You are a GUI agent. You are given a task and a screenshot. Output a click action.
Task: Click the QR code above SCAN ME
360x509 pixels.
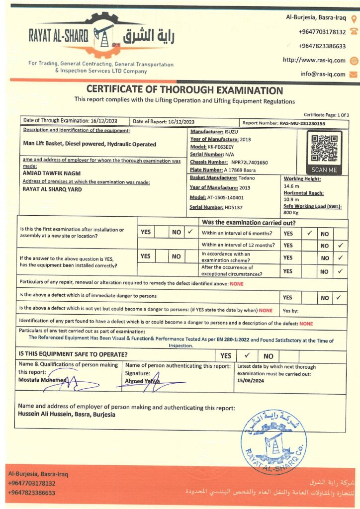pyautogui.click(x=324, y=148)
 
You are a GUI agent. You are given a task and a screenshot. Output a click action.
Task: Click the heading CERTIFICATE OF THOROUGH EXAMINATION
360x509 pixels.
pyautogui.click(x=184, y=90)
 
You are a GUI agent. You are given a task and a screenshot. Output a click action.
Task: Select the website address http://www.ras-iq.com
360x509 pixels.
pyautogui.click(x=314, y=60)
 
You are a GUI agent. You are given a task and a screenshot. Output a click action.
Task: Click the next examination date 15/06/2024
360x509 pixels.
pyautogui.click(x=251, y=381)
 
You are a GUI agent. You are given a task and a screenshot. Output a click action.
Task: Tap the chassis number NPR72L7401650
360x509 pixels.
pyautogui.click(x=249, y=162)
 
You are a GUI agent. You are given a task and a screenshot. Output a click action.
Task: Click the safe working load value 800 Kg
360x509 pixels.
pyautogui.click(x=291, y=212)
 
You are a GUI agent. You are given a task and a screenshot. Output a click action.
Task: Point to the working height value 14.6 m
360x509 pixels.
pyautogui.click(x=290, y=185)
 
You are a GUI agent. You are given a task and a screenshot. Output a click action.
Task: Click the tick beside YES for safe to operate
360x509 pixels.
pyautogui.click(x=247, y=355)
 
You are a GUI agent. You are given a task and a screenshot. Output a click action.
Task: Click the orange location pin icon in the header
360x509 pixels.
pyautogui.click(x=354, y=19)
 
